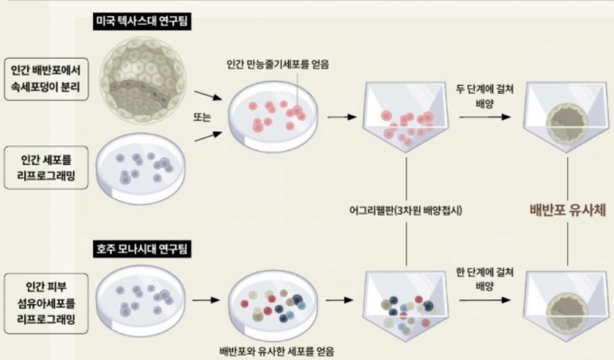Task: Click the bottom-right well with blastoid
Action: [565, 307]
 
